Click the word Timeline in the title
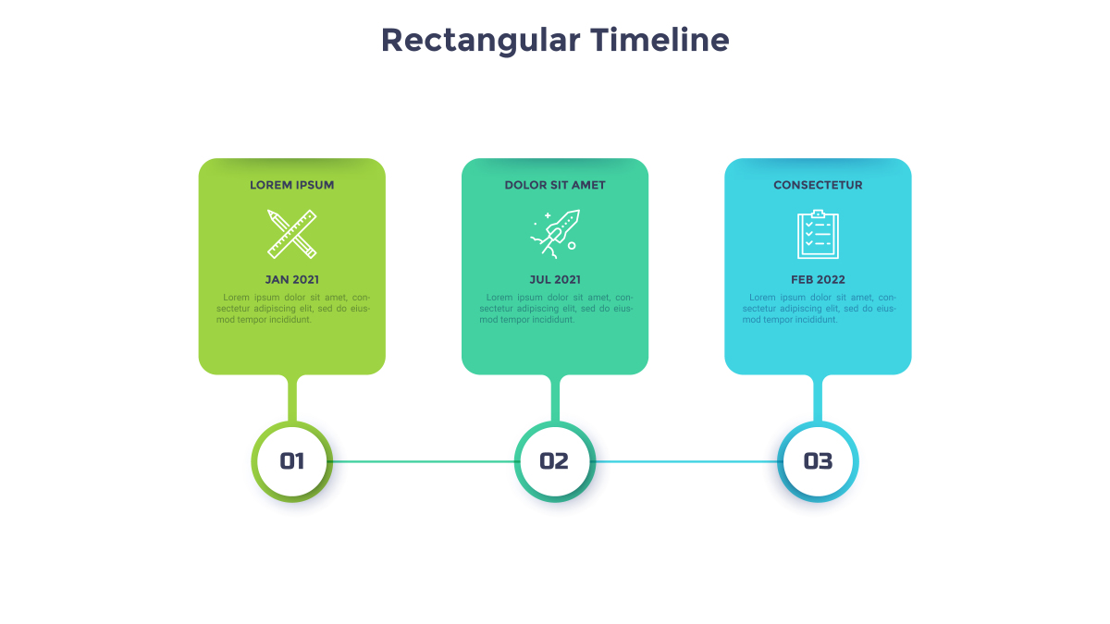[660, 40]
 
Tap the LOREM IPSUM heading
[292, 185]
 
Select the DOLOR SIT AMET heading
[555, 185]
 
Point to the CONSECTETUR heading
[818, 185]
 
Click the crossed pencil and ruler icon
[292, 234]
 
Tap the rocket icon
[555, 234]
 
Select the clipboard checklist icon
[818, 234]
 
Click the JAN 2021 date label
[292, 280]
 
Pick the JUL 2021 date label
[555, 280]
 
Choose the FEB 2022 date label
[818, 280]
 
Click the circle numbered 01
[292, 461]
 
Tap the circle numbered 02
[555, 461]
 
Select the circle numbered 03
[818, 461]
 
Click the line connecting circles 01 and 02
[424, 461]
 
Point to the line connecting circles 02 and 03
[686, 461]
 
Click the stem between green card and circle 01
[292, 398]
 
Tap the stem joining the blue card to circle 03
[818, 398]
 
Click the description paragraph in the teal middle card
[556, 309]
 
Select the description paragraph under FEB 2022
[820, 309]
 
